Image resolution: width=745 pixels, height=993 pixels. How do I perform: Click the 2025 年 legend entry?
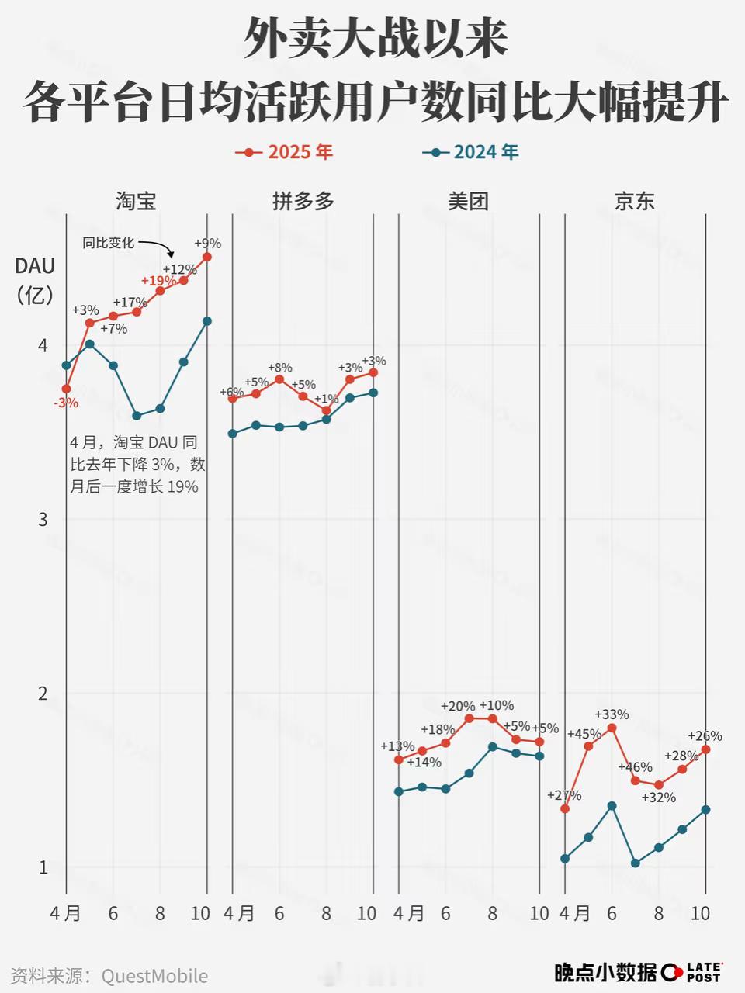point(285,152)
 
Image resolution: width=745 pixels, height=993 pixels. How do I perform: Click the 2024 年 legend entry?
point(471,152)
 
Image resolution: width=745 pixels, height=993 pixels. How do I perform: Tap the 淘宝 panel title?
point(136,202)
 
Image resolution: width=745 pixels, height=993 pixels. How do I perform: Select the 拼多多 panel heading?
point(303,202)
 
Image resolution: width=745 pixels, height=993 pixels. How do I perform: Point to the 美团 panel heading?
point(469,202)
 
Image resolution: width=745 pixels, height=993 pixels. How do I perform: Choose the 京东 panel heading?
point(635,202)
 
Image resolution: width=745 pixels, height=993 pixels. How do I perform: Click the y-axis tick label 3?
point(43,519)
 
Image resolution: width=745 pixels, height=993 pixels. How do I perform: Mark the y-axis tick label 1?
point(43,867)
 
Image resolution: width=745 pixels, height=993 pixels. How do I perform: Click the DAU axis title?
point(35,266)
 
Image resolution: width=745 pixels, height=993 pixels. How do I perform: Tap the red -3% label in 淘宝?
point(66,403)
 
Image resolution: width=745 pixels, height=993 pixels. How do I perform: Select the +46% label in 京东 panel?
point(635,767)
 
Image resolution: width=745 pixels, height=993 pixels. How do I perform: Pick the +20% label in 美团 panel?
point(458,706)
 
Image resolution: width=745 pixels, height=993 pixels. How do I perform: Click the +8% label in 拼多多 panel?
point(280,368)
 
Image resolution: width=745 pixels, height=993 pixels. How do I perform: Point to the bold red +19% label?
point(158,280)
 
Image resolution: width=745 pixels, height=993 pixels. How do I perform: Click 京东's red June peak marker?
point(612,728)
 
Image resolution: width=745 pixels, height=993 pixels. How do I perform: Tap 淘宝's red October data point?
point(207,256)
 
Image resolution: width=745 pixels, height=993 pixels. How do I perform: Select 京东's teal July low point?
point(635,863)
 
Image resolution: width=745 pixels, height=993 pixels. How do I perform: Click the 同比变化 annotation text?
point(109,243)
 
